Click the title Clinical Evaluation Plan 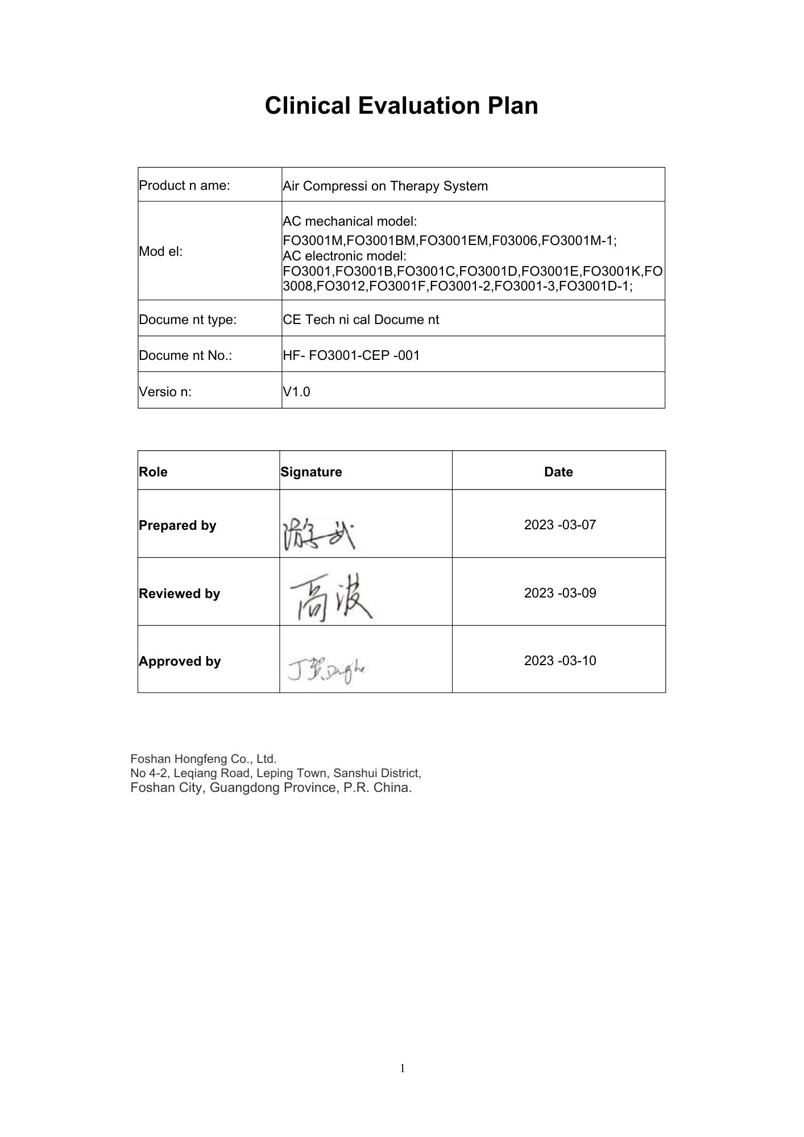point(401,106)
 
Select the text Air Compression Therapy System point(385,186)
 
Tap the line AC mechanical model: point(350,221)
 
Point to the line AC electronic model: point(345,256)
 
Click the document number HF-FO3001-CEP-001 point(351,356)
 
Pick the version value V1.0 point(296,392)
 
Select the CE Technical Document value point(360,319)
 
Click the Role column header point(153,472)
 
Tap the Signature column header point(311,472)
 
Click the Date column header point(558,472)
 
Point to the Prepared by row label point(177,525)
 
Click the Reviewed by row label point(179,594)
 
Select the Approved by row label point(180,661)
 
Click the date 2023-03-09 point(560,593)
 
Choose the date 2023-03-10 point(560,661)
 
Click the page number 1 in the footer point(403,1069)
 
